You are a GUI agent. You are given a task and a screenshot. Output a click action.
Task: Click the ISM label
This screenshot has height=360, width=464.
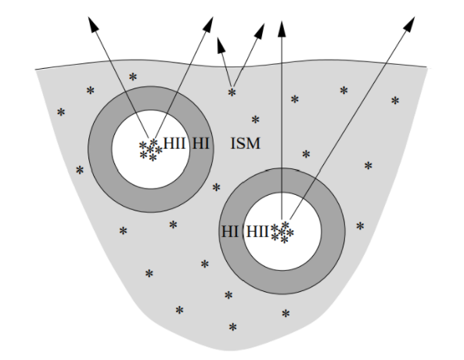click(x=246, y=143)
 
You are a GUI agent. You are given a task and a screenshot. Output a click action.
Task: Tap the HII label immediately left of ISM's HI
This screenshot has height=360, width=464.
click(x=174, y=143)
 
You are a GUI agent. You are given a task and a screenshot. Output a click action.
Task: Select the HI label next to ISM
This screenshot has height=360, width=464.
click(x=200, y=143)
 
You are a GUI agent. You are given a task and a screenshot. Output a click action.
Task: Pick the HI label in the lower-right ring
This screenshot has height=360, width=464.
click(x=230, y=231)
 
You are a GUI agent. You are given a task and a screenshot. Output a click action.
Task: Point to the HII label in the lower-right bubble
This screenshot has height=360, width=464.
click(x=257, y=231)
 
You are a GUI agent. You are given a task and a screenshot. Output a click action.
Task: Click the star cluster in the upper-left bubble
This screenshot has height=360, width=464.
click(x=150, y=150)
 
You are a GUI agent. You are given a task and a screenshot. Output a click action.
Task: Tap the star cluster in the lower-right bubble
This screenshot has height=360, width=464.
click(x=282, y=232)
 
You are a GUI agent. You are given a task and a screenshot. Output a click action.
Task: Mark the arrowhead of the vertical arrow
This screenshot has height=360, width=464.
click(x=282, y=29)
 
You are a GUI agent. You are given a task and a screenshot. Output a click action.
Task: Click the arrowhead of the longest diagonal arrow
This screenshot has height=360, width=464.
click(x=409, y=23)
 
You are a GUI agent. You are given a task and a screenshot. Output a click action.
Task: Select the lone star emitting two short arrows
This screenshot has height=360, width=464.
click(x=232, y=92)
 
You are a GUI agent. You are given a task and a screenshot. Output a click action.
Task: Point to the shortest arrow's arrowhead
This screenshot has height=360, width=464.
click(x=221, y=45)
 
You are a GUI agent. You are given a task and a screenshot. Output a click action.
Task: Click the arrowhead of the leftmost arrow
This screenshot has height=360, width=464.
click(x=93, y=24)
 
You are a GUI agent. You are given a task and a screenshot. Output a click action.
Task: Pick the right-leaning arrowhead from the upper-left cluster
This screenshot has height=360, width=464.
click(x=208, y=24)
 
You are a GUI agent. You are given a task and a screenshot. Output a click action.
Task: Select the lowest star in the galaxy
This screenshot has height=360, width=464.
click(x=233, y=327)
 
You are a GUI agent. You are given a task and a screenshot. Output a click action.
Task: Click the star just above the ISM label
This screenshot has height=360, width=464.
click(x=255, y=120)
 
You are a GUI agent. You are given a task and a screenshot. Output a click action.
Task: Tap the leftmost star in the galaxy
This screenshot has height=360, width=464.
click(x=61, y=112)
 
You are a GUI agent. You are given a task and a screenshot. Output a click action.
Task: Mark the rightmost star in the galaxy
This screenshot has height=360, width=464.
click(x=395, y=101)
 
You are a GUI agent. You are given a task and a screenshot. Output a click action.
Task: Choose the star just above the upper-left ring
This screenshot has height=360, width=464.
click(x=133, y=77)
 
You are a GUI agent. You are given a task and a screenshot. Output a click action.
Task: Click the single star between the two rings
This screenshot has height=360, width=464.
click(x=216, y=187)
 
